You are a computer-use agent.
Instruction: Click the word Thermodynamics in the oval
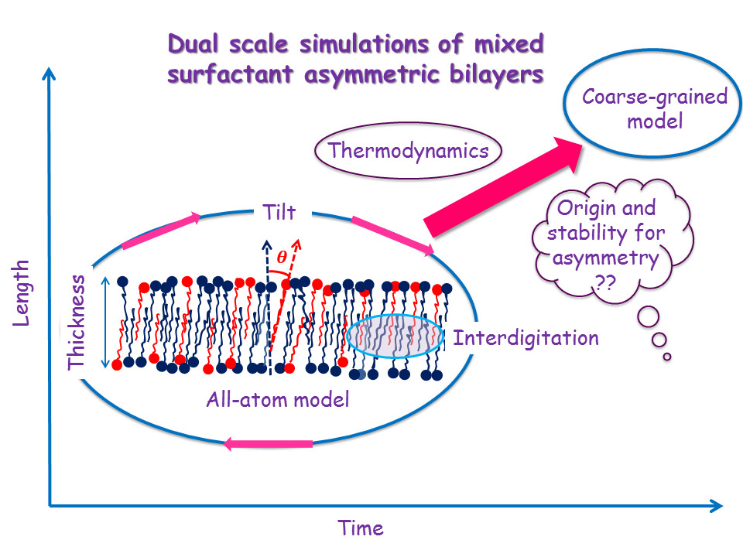click(x=408, y=151)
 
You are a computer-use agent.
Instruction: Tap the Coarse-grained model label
click(x=655, y=108)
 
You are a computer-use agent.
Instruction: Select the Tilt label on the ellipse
click(x=279, y=212)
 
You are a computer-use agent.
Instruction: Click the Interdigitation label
click(x=526, y=338)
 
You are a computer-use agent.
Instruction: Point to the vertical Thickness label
click(x=77, y=322)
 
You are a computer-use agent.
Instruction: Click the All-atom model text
click(x=278, y=400)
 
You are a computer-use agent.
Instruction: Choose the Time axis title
click(x=361, y=528)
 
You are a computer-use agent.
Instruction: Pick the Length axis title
click(x=20, y=293)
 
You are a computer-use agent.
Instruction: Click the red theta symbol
click(x=282, y=257)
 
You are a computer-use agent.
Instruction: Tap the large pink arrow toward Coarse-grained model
click(x=503, y=186)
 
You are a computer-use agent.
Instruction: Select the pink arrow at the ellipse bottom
click(x=268, y=444)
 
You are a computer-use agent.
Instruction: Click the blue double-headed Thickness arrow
click(x=105, y=323)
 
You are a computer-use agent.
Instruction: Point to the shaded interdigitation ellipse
click(x=395, y=337)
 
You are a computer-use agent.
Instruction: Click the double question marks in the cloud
click(x=604, y=283)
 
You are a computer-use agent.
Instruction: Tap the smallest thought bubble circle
click(x=667, y=357)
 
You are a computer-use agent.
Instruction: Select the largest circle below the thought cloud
click(x=649, y=317)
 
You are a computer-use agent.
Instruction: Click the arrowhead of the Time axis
click(x=717, y=506)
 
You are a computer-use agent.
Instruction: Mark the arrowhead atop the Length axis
click(x=49, y=73)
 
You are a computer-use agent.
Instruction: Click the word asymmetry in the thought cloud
click(x=605, y=259)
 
